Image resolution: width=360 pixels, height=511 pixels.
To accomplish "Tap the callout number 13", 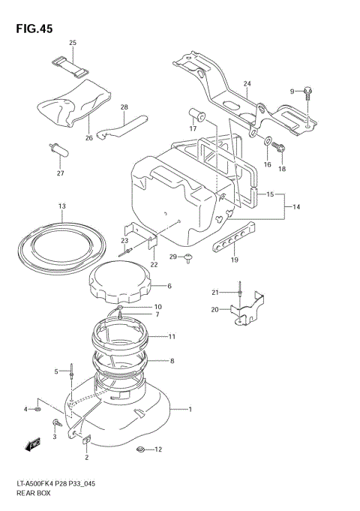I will pyautogui.click(x=62, y=206).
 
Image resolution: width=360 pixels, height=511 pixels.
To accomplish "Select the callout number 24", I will pyautogui.click(x=247, y=83).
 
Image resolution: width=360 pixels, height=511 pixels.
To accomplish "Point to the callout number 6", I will pyautogui.click(x=169, y=286).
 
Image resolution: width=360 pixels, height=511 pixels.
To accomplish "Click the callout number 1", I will pyautogui.click(x=190, y=410).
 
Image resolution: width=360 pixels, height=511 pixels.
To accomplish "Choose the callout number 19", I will pyautogui.click(x=234, y=260).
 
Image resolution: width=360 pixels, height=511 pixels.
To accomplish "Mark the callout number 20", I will pyautogui.click(x=214, y=308).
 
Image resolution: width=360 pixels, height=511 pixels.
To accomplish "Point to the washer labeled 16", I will pyautogui.click(x=268, y=140).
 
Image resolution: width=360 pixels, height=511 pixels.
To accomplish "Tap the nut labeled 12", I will pyautogui.click(x=139, y=450).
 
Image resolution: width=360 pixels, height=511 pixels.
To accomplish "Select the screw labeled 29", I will pyautogui.click(x=190, y=258).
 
